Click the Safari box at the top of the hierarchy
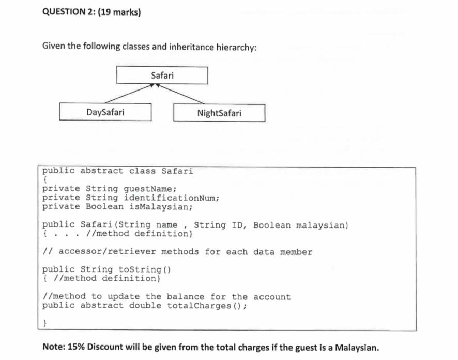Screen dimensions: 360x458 pos(162,76)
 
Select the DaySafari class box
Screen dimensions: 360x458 pos(105,112)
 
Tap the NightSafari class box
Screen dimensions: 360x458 pos(219,113)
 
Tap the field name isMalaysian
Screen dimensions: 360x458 pos(161,207)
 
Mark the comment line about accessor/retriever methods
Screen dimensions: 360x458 pos(177,252)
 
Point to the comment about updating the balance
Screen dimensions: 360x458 pos(166,296)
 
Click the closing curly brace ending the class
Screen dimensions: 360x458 pos(45,323)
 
